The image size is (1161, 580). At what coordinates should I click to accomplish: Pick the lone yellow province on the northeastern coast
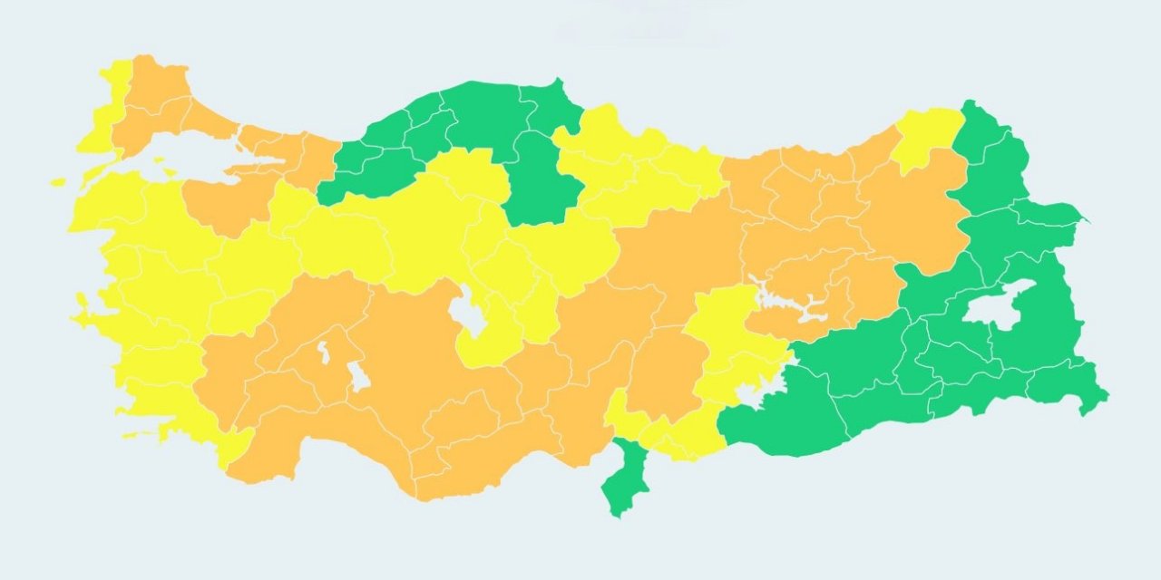click(x=925, y=136)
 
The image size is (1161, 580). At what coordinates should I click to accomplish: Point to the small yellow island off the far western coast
click(x=58, y=182)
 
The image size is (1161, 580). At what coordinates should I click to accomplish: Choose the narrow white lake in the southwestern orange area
click(x=323, y=353)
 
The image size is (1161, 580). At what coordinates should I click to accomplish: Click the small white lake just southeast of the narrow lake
click(x=359, y=377)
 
